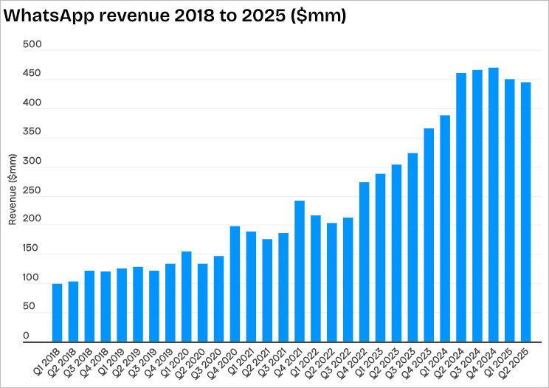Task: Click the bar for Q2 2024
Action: (x=461, y=207)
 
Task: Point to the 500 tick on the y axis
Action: (x=32, y=45)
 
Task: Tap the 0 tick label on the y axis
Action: (x=26, y=336)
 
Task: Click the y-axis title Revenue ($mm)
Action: (x=12, y=190)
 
